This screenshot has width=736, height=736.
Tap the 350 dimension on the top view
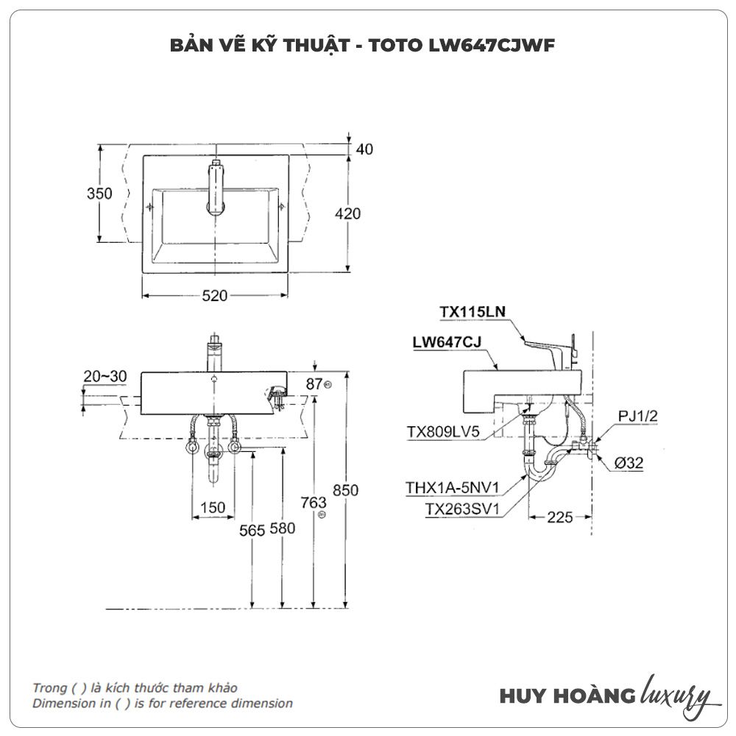99,194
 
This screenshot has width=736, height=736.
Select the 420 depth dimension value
348,213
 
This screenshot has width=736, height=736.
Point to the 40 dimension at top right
364,149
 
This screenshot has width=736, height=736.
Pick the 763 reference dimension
314,503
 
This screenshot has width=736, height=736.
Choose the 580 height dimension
283,528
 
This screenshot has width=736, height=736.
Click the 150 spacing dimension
213,508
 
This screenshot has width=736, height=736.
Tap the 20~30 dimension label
105,377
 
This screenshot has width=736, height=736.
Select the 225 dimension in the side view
559,517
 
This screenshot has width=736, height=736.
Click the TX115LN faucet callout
473,312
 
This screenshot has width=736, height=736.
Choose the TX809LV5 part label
443,433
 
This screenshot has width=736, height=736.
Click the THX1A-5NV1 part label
453,487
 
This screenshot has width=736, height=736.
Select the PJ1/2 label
637,416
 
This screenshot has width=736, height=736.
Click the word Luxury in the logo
676,695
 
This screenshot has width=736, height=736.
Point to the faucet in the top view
215,187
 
